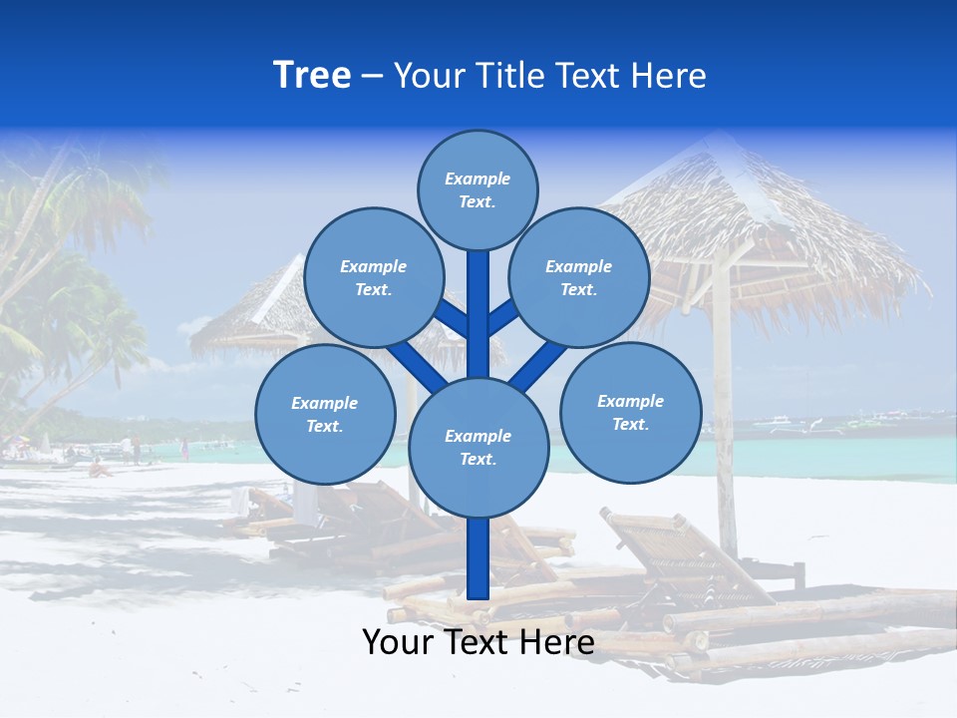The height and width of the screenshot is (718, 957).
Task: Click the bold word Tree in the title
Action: pyautogui.click(x=312, y=75)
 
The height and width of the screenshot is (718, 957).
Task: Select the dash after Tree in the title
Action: pyautogui.click(x=372, y=76)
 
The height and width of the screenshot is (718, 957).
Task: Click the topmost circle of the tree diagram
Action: pyautogui.click(x=478, y=189)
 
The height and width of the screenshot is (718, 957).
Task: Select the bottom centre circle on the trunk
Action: pyautogui.click(x=478, y=448)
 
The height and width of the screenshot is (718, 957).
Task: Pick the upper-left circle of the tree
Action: pyautogui.click(x=373, y=277)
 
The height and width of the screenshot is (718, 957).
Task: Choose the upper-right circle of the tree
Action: pyautogui.click(x=578, y=277)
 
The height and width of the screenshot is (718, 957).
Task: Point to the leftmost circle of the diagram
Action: pyautogui.click(x=324, y=414)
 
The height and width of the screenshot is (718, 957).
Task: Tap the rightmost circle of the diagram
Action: pyautogui.click(x=630, y=412)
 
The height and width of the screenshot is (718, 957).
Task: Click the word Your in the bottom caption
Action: pyautogui.click(x=398, y=642)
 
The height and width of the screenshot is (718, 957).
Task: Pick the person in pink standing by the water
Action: pyautogui.click(x=184, y=449)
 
